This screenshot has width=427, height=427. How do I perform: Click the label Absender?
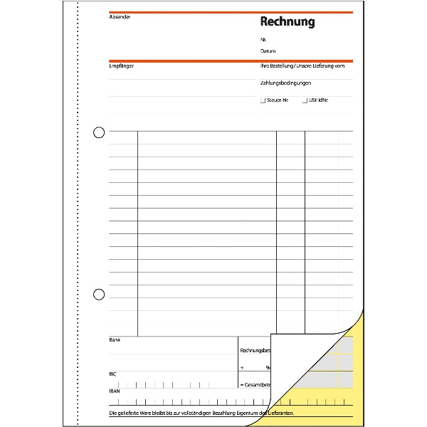(x=120, y=16)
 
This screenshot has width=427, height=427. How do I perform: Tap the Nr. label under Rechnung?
(x=263, y=40)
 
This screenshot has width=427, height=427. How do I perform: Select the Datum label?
(x=268, y=51)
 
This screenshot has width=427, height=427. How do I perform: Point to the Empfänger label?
(x=122, y=66)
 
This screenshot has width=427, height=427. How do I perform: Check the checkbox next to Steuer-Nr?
(x=263, y=100)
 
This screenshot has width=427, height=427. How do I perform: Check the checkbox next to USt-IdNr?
(x=305, y=100)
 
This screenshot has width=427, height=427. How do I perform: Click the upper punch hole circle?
(x=99, y=132)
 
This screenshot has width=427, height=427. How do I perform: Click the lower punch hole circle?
(x=99, y=294)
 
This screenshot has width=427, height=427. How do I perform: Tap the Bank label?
(x=115, y=340)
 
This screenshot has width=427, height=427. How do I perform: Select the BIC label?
(x=113, y=373)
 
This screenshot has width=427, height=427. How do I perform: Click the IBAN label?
(x=115, y=390)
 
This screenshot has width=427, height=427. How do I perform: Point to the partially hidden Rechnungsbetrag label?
(x=255, y=351)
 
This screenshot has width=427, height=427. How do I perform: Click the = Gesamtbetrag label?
(x=255, y=384)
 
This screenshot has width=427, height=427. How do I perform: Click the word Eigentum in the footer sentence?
(x=244, y=413)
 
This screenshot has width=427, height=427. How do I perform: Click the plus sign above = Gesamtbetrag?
(x=242, y=368)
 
